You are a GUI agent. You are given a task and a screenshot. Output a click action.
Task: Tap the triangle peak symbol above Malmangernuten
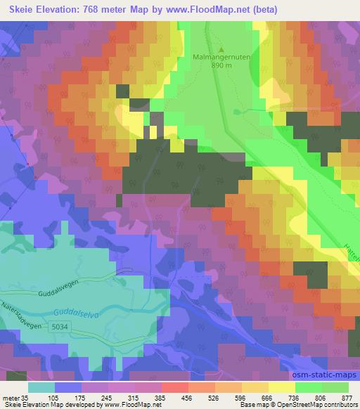(x=222, y=50)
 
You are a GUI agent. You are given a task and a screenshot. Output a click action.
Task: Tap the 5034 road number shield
(x=59, y=325)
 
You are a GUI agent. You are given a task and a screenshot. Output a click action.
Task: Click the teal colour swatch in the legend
(x=41, y=387)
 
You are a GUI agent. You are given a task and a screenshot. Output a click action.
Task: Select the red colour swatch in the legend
(x=174, y=387)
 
